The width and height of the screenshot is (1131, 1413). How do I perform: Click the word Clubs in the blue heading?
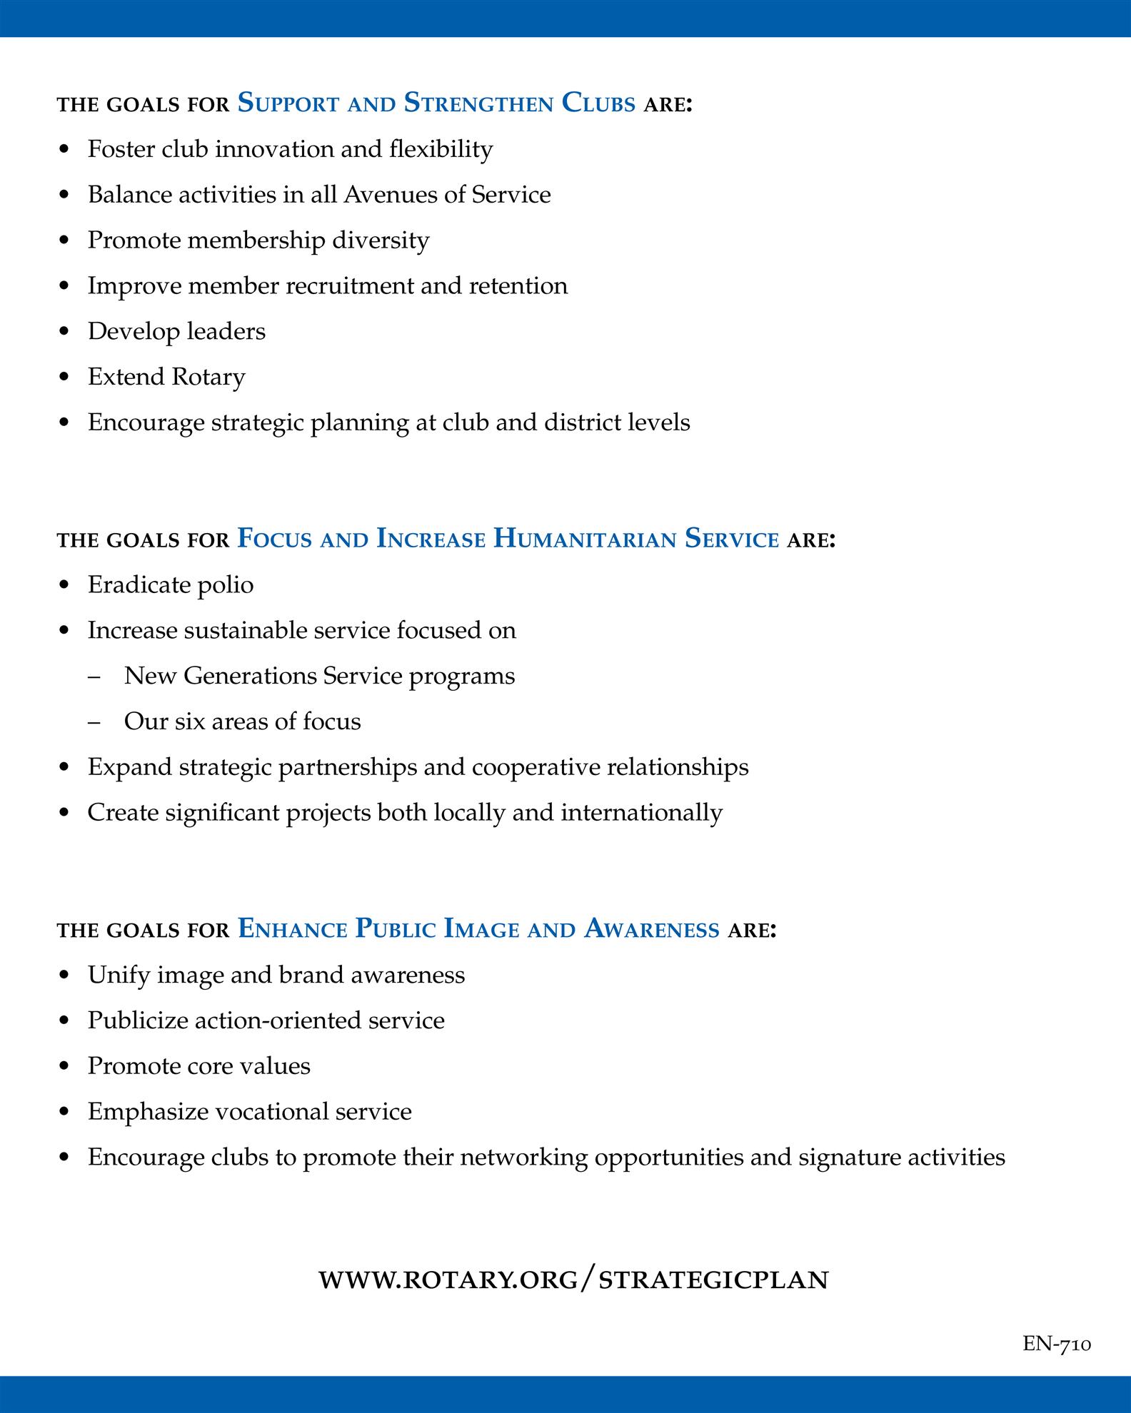click(598, 103)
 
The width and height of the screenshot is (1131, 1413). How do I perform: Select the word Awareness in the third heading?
click(651, 928)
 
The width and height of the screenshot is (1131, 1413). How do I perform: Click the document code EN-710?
click(1057, 1344)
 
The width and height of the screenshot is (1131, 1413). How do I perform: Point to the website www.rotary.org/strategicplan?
click(573, 1279)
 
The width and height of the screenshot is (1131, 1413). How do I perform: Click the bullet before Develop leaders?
click(65, 332)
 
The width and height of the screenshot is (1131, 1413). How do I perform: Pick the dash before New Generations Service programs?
click(94, 677)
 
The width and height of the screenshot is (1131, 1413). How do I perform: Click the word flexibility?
click(441, 149)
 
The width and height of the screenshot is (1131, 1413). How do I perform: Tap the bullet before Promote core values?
click(65, 1067)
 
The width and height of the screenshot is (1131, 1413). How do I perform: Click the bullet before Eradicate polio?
click(65, 586)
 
